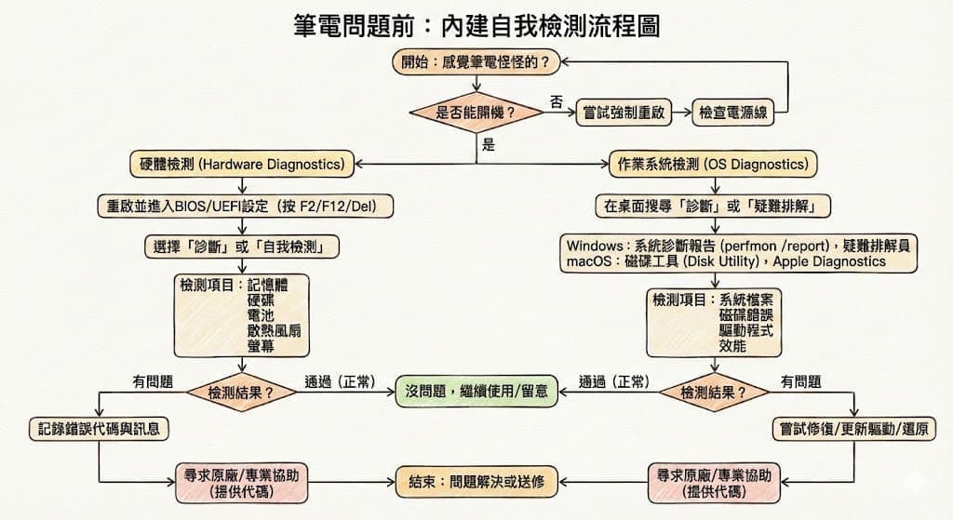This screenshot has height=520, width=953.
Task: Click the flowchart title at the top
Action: tap(476, 25)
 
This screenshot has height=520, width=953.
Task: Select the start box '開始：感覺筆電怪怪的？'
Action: tap(476, 63)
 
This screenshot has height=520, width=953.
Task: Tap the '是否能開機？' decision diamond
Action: tap(476, 113)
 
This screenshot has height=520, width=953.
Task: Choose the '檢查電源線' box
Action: tap(735, 113)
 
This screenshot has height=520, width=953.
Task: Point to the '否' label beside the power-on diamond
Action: tap(557, 100)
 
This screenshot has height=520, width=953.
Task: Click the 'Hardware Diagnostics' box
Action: tap(241, 166)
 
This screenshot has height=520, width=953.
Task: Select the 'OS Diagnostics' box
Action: tap(713, 166)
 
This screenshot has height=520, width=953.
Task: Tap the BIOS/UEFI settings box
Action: tap(241, 206)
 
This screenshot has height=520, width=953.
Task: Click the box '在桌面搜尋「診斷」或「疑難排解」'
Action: tap(713, 206)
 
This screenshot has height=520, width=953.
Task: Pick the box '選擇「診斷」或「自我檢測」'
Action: tap(241, 247)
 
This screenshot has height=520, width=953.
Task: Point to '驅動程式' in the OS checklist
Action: tap(745, 330)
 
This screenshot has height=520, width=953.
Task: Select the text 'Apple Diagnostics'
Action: tap(829, 261)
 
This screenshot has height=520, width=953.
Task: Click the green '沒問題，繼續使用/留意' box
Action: tap(476, 392)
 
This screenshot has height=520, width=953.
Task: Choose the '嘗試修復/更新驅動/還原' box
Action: tap(854, 429)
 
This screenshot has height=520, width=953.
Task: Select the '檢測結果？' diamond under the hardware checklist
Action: tap(241, 393)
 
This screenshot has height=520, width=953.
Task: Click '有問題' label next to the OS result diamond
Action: tap(800, 381)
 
